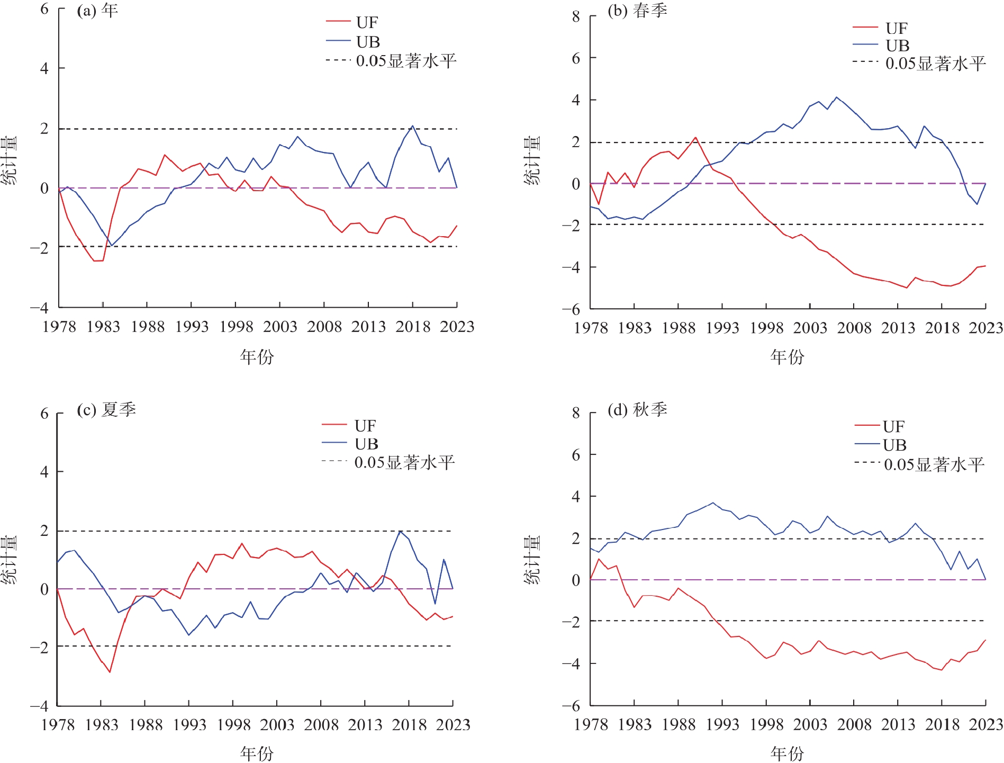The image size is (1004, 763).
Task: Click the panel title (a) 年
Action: click(97, 11)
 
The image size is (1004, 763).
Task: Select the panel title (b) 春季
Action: click(637, 11)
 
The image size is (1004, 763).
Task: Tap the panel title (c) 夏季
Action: click(106, 409)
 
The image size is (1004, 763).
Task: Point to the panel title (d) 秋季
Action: click(637, 409)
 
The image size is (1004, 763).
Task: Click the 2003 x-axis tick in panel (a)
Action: click(280, 326)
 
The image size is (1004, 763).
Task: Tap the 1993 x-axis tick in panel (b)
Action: click(722, 328)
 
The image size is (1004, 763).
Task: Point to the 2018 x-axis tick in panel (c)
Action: click(409, 724)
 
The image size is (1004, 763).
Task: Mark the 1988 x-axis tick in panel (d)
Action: click(678, 724)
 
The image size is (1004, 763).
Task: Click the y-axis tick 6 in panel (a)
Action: click(44, 9)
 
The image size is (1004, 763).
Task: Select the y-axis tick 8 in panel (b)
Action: click(576, 16)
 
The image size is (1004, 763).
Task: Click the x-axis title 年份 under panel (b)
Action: click(787, 357)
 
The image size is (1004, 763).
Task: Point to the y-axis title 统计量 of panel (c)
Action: click(9, 560)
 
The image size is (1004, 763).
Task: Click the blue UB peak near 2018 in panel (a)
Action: click(413, 126)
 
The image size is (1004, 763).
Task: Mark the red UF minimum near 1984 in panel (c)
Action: click(110, 672)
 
